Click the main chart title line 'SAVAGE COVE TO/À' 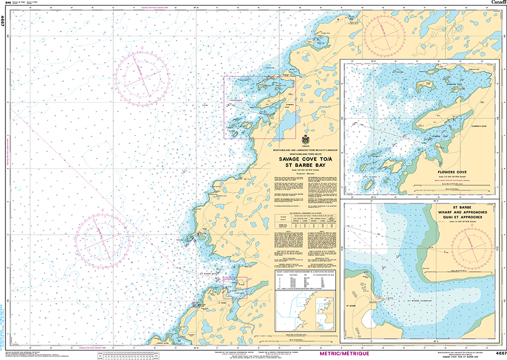click(x=305, y=160)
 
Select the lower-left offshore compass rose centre click(x=102, y=238)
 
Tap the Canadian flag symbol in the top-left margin click(x=7, y=4)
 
